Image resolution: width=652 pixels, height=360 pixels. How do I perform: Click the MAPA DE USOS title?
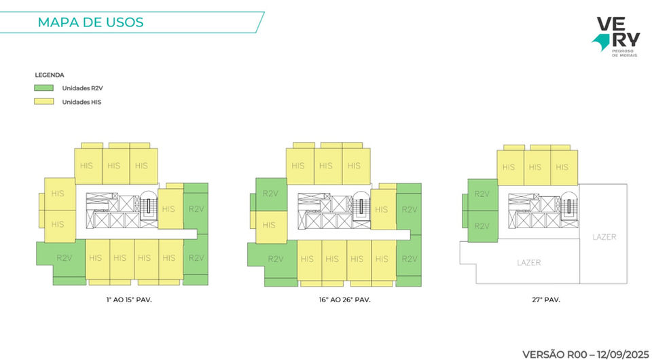click(90, 22)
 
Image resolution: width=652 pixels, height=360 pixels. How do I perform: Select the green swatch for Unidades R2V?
click(44, 88)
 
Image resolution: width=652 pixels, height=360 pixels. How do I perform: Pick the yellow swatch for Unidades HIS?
click(44, 102)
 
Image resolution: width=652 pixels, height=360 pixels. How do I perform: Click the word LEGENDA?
click(49, 75)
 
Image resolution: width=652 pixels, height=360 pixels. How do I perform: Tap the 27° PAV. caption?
click(541, 299)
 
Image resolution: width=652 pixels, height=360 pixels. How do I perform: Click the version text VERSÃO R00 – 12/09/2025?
click(585, 354)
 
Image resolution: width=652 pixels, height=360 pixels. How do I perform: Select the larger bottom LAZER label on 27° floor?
click(529, 262)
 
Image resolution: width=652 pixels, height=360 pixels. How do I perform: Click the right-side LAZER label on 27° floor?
click(604, 237)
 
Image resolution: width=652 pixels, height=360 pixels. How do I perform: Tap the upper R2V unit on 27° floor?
click(482, 194)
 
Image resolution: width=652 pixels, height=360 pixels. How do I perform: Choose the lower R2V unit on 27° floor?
click(482, 226)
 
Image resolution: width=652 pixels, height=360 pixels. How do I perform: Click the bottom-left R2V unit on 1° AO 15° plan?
click(64, 258)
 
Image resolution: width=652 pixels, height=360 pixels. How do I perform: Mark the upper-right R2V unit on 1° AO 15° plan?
click(196, 209)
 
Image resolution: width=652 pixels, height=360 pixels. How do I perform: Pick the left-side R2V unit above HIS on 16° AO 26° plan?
click(270, 194)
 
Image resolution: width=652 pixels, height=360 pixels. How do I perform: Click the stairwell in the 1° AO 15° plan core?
click(148, 204)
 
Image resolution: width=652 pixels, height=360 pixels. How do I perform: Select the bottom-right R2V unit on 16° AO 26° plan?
click(409, 259)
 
